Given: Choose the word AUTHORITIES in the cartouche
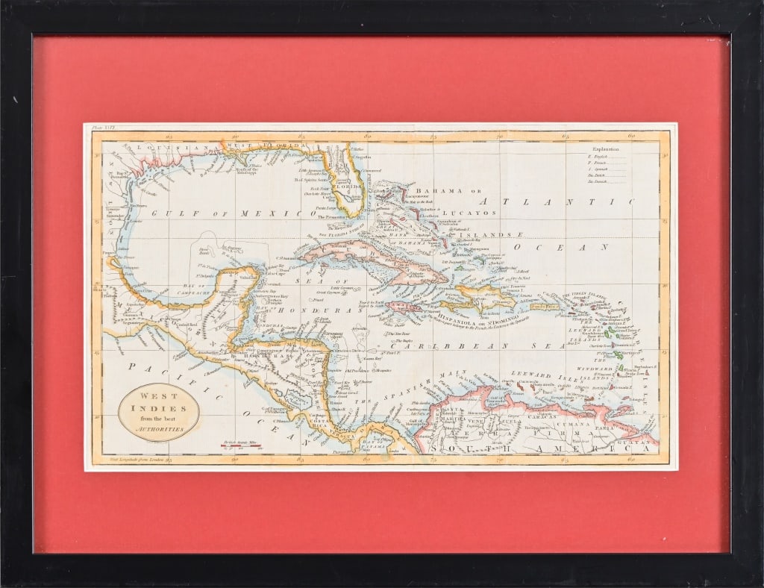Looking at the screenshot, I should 159,431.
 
